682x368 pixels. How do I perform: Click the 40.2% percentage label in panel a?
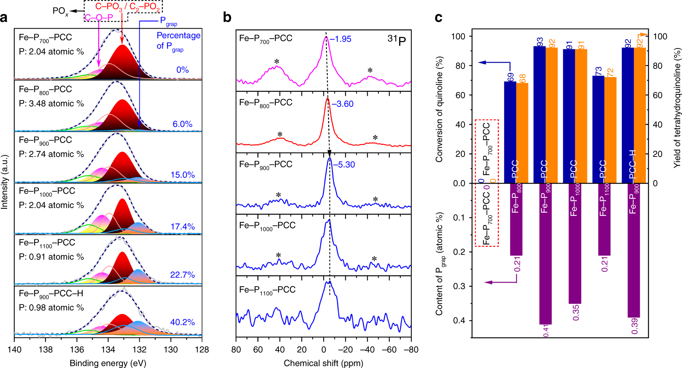click(182, 322)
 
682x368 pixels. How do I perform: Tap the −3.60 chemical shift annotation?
click(342, 104)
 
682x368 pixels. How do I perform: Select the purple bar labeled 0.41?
click(545, 254)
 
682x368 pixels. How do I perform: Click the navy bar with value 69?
click(510, 132)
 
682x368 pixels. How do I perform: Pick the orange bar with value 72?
click(610, 130)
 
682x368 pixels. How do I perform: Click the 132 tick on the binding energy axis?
click(139, 350)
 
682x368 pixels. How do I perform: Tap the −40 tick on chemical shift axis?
click(367, 350)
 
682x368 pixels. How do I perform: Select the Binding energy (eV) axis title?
click(108, 363)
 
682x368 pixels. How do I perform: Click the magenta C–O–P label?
click(99, 17)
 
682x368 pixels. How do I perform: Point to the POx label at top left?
click(60, 11)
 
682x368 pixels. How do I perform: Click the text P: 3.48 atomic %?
click(51, 103)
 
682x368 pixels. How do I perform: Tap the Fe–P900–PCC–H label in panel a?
click(51, 294)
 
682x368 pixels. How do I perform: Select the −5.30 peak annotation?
click(344, 165)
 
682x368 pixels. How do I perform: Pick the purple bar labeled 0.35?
click(574, 243)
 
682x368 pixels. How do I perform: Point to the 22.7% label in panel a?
click(182, 275)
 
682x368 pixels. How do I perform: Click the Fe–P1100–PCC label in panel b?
click(267, 290)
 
